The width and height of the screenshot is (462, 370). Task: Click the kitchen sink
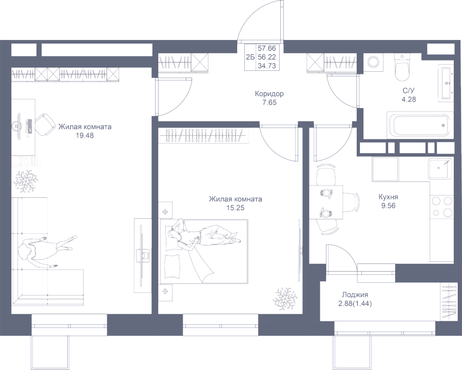point(441,168)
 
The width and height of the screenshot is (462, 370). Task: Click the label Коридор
point(269,94)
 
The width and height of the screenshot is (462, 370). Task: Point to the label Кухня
point(388,197)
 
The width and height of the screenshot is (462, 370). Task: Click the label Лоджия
point(355,295)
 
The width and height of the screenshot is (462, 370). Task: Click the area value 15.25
point(235,208)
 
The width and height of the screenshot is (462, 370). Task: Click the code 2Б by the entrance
point(251,57)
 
